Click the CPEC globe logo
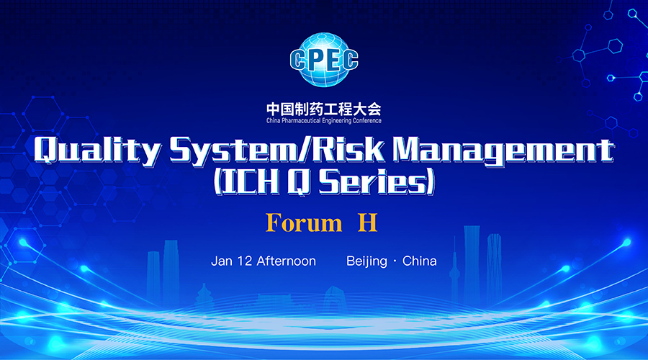coord(324,60)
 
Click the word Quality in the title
coord(97,150)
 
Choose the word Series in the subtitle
coord(372,182)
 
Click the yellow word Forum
coord(304,222)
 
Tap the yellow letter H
coord(367,222)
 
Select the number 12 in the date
coord(244,261)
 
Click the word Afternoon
coord(287,261)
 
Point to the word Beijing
coord(366,261)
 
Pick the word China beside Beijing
coord(420,261)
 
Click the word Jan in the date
coord(222,261)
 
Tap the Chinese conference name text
coord(323,109)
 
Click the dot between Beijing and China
coord(395,261)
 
